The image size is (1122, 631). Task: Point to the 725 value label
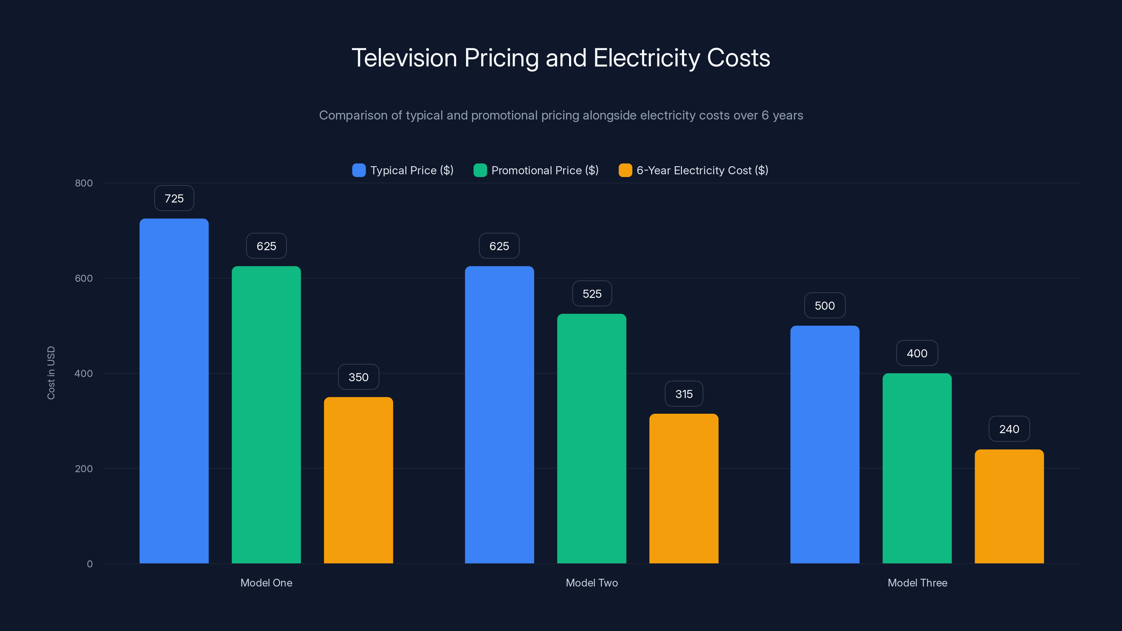point(174,198)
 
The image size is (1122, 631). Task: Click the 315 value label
point(684,394)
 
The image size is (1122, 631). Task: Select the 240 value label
point(1009,429)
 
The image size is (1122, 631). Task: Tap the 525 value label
point(592,294)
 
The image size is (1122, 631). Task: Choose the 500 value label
point(825,306)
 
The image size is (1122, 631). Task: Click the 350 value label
point(358,377)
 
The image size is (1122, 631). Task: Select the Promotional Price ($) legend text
point(545,170)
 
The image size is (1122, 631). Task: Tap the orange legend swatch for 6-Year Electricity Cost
point(626,170)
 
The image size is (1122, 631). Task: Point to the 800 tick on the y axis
point(84,183)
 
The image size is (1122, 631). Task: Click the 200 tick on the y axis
point(84,469)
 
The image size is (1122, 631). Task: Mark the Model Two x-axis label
point(592,583)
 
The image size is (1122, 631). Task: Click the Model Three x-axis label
point(917,583)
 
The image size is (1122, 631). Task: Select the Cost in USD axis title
point(51,373)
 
